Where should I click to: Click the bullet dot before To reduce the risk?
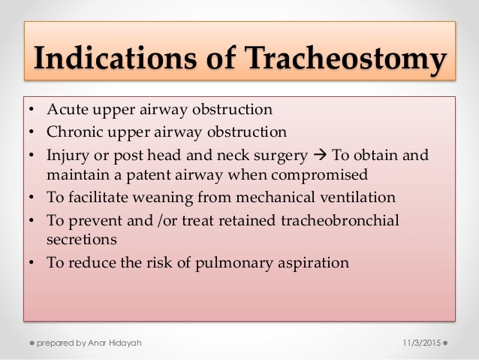[32, 263]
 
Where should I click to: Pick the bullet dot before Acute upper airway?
[32, 110]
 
